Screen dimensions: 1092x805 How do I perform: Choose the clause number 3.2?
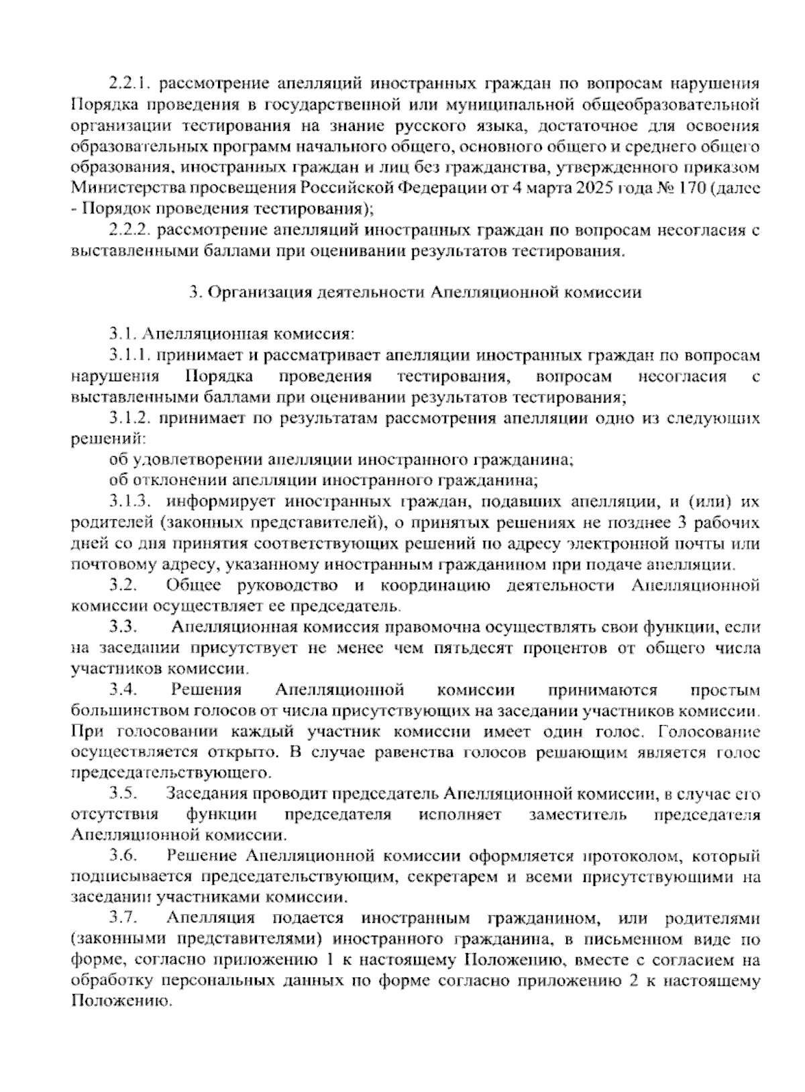(x=123, y=586)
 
